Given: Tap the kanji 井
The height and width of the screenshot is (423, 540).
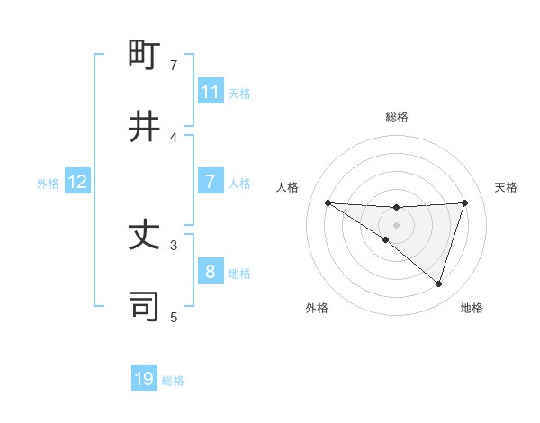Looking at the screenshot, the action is (145, 126).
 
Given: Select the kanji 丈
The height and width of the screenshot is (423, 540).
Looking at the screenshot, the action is (145, 236).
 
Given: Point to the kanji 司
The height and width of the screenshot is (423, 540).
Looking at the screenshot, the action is (145, 306).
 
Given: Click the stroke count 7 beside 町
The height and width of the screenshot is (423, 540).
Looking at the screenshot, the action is (174, 65).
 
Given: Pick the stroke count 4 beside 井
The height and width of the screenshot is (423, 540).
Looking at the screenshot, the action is (174, 137).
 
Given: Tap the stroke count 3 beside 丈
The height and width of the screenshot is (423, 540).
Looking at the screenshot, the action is (174, 244).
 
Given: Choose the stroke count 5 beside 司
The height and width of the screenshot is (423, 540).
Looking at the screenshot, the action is (174, 317).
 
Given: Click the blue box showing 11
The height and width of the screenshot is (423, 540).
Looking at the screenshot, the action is (211, 92).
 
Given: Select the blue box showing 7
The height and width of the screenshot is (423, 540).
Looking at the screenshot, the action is (211, 182).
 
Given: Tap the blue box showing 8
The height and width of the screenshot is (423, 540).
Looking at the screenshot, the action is (211, 272).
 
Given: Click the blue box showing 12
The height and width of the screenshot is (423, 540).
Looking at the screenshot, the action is (77, 182).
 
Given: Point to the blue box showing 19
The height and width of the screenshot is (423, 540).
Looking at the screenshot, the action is (144, 379).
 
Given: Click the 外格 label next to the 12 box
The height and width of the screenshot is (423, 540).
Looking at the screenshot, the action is (48, 183).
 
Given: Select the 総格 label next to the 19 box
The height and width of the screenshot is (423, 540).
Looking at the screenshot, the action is (173, 381).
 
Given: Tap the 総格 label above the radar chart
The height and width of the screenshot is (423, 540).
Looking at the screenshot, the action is (397, 117).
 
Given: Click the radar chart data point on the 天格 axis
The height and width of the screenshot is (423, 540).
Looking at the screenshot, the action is (465, 202).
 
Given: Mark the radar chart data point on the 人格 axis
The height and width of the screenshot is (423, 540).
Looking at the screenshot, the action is (328, 202).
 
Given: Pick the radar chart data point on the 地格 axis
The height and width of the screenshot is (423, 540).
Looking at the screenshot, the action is (438, 283).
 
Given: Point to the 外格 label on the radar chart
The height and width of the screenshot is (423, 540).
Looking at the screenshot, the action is (317, 308).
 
